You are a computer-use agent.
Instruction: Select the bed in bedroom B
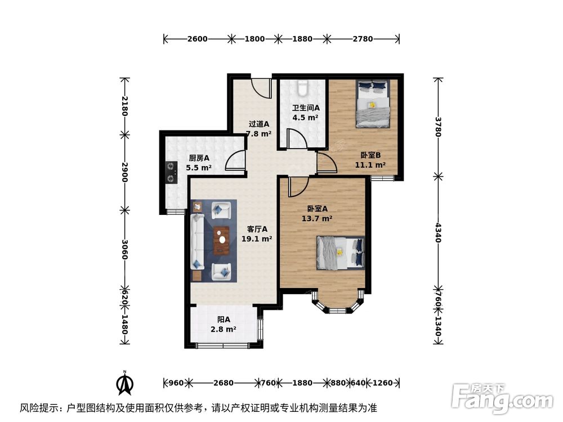coord(372,104)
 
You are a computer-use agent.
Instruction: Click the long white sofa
coord(197,241)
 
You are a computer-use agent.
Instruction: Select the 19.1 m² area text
coord(257,239)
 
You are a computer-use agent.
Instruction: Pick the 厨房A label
coord(199,158)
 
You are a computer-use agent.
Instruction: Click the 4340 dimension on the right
coord(438,232)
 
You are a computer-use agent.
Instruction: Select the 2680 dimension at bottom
coord(224,383)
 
